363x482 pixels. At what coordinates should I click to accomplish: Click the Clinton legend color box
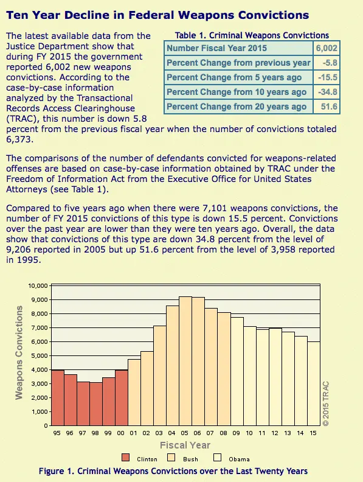click(x=126, y=458)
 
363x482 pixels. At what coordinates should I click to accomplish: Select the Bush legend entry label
click(x=190, y=459)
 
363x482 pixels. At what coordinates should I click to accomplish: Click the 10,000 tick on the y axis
click(x=36, y=285)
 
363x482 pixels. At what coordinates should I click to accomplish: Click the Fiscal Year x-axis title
click(x=185, y=445)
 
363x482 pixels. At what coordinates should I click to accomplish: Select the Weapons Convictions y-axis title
click(x=19, y=352)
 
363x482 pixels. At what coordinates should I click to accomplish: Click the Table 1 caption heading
click(x=252, y=35)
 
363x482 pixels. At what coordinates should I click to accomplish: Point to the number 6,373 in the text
click(x=19, y=139)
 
